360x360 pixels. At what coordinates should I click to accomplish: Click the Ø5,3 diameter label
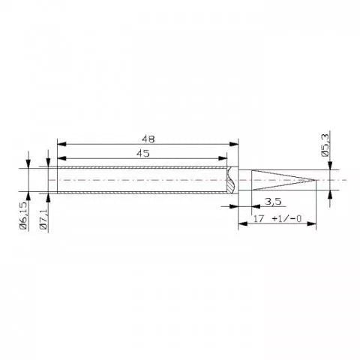coord(326,143)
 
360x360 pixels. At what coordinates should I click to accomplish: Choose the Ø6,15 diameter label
coord(24,215)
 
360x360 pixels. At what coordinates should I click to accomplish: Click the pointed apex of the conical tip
coord(312,180)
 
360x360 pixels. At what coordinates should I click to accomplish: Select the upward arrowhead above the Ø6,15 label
coord(28,196)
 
